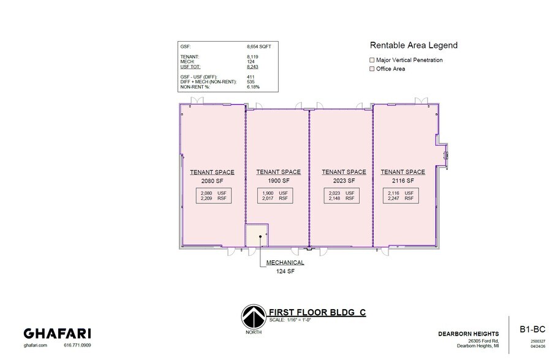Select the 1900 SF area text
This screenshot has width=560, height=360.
(278, 181)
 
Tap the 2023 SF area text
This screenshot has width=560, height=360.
(344, 181)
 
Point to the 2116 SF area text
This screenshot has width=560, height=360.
(403, 181)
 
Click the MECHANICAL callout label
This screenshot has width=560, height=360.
(285, 263)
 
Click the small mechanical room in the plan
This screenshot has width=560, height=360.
(256, 235)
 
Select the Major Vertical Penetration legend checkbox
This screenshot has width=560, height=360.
(371, 60)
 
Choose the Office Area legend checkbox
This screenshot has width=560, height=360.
(371, 69)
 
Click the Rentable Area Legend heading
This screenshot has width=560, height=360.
(414, 45)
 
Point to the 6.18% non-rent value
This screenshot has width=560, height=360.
(253, 87)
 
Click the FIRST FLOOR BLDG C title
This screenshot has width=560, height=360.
(318, 312)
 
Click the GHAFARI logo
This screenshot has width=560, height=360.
(58, 334)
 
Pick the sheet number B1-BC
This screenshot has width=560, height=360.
(532, 328)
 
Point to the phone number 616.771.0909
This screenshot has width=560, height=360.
(77, 346)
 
